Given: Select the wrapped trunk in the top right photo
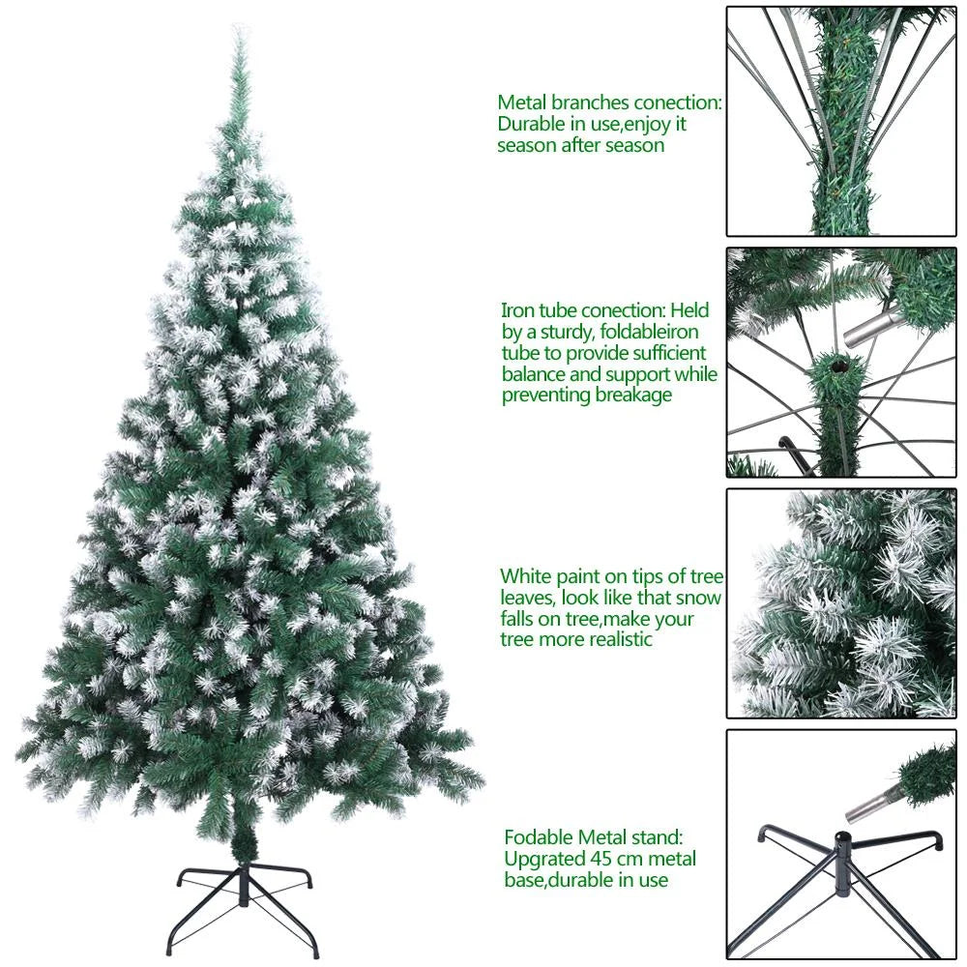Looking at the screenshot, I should pyautogui.click(x=834, y=145).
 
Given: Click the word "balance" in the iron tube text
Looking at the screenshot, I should pyautogui.click(x=537, y=374).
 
